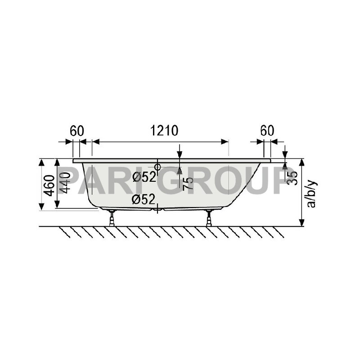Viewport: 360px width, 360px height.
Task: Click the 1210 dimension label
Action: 164,130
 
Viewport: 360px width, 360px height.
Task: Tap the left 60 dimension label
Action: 77,130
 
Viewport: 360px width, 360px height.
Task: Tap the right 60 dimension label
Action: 267,130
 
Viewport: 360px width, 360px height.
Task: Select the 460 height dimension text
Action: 49,185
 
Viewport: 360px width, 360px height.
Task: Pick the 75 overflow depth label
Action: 188,184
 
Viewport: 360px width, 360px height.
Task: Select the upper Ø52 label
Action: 144,177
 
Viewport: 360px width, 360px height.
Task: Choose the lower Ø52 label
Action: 144,199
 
